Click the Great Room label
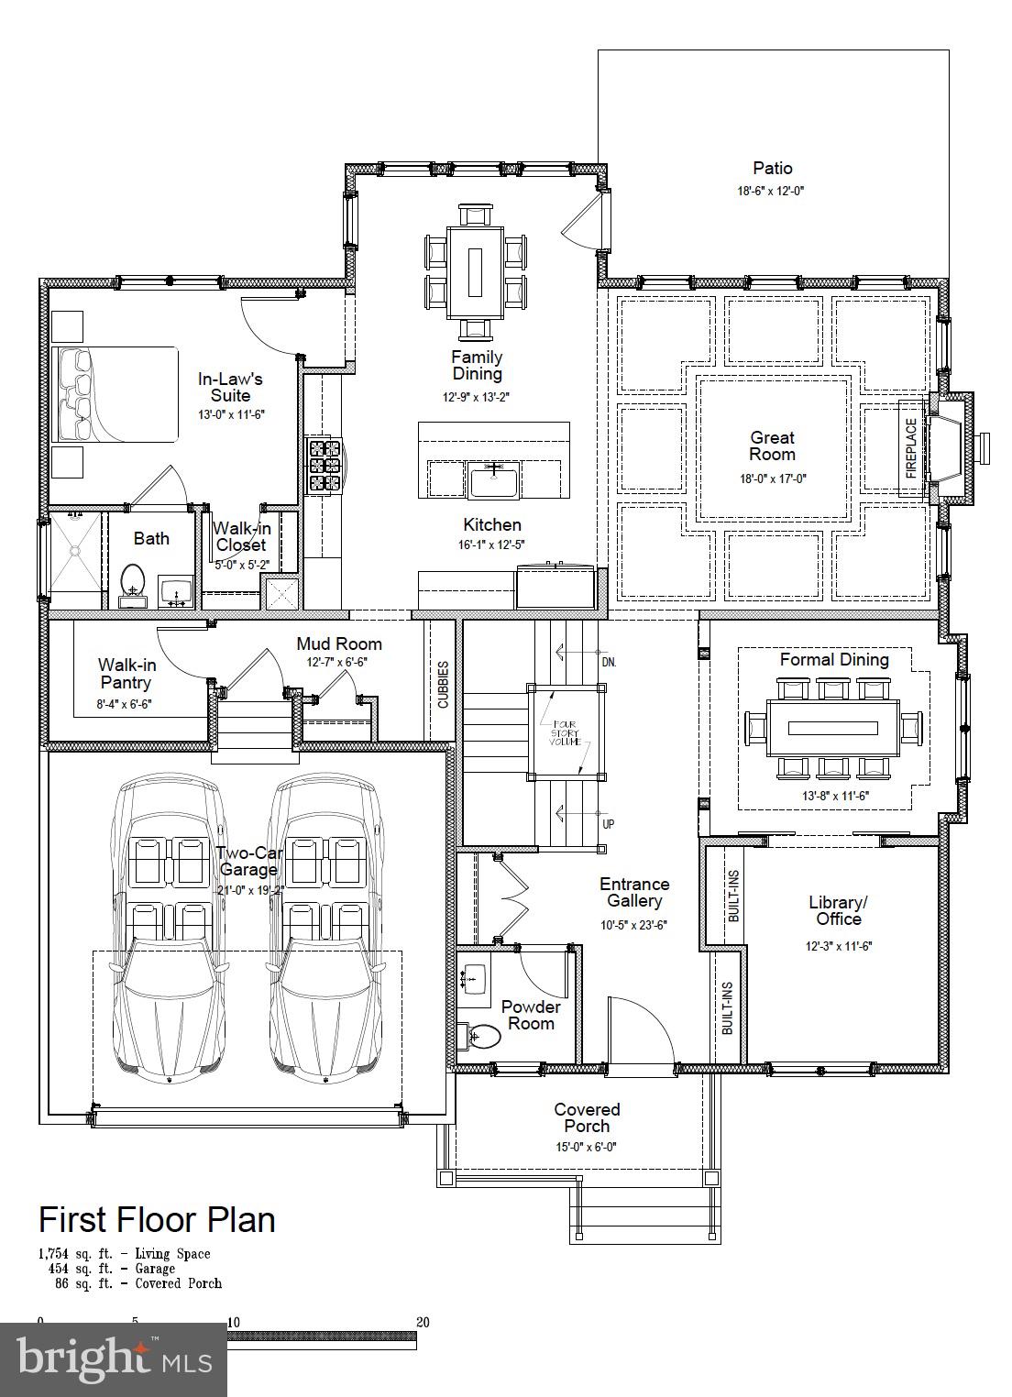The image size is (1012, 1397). click(x=772, y=445)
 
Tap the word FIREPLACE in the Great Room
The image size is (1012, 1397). click(x=911, y=448)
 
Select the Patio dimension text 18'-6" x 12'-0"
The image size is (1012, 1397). click(x=771, y=191)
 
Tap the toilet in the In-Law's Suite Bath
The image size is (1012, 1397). click(x=132, y=584)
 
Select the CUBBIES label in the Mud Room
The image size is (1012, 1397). click(x=443, y=684)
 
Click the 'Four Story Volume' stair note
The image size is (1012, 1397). click(x=565, y=732)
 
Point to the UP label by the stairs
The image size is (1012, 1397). click(x=609, y=824)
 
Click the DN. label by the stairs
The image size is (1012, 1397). click(x=609, y=663)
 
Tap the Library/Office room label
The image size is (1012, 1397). click(x=839, y=910)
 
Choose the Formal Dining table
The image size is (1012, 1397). click(x=833, y=728)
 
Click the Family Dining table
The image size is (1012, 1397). click(x=476, y=272)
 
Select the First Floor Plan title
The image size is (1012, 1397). click(x=157, y=1219)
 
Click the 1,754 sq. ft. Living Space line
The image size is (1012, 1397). click(x=125, y=1254)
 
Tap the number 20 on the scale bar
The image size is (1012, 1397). click(x=423, y=1322)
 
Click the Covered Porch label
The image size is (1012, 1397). click(x=587, y=1117)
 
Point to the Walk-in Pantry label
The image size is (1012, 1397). click(x=126, y=674)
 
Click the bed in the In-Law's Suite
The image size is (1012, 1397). click(x=115, y=395)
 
